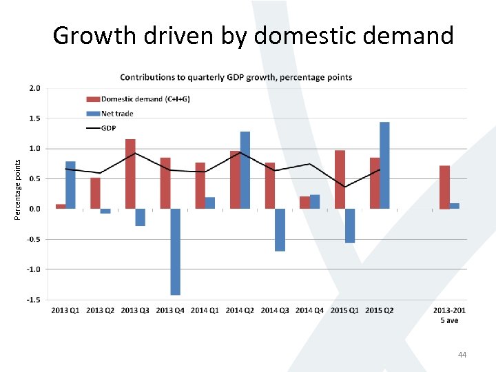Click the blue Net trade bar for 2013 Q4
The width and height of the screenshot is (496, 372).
click(x=175, y=251)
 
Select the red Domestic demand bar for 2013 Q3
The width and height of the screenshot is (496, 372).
click(x=130, y=174)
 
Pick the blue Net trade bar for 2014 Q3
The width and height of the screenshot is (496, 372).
click(x=280, y=229)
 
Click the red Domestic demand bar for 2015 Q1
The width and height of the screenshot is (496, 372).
click(x=340, y=179)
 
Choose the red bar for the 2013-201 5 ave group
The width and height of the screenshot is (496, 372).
click(x=444, y=187)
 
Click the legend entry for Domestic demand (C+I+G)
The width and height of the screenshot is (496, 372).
click(x=137, y=99)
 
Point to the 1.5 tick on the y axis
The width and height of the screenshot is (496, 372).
click(x=34, y=118)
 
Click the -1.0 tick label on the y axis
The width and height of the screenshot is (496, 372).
click(x=33, y=269)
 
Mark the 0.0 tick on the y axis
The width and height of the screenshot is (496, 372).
click(x=34, y=209)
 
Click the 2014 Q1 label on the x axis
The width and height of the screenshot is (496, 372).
click(x=205, y=311)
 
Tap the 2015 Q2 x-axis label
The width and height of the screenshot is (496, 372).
click(x=379, y=311)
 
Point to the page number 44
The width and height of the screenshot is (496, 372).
click(x=462, y=355)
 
